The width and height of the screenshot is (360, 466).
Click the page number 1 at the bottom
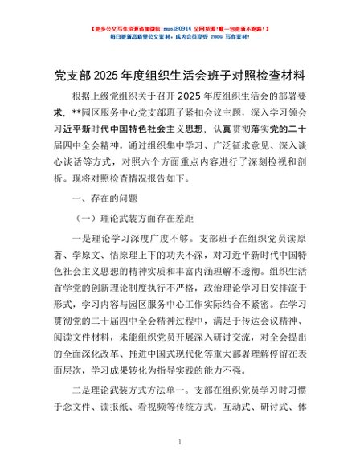pyautogui.click(x=180, y=442)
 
